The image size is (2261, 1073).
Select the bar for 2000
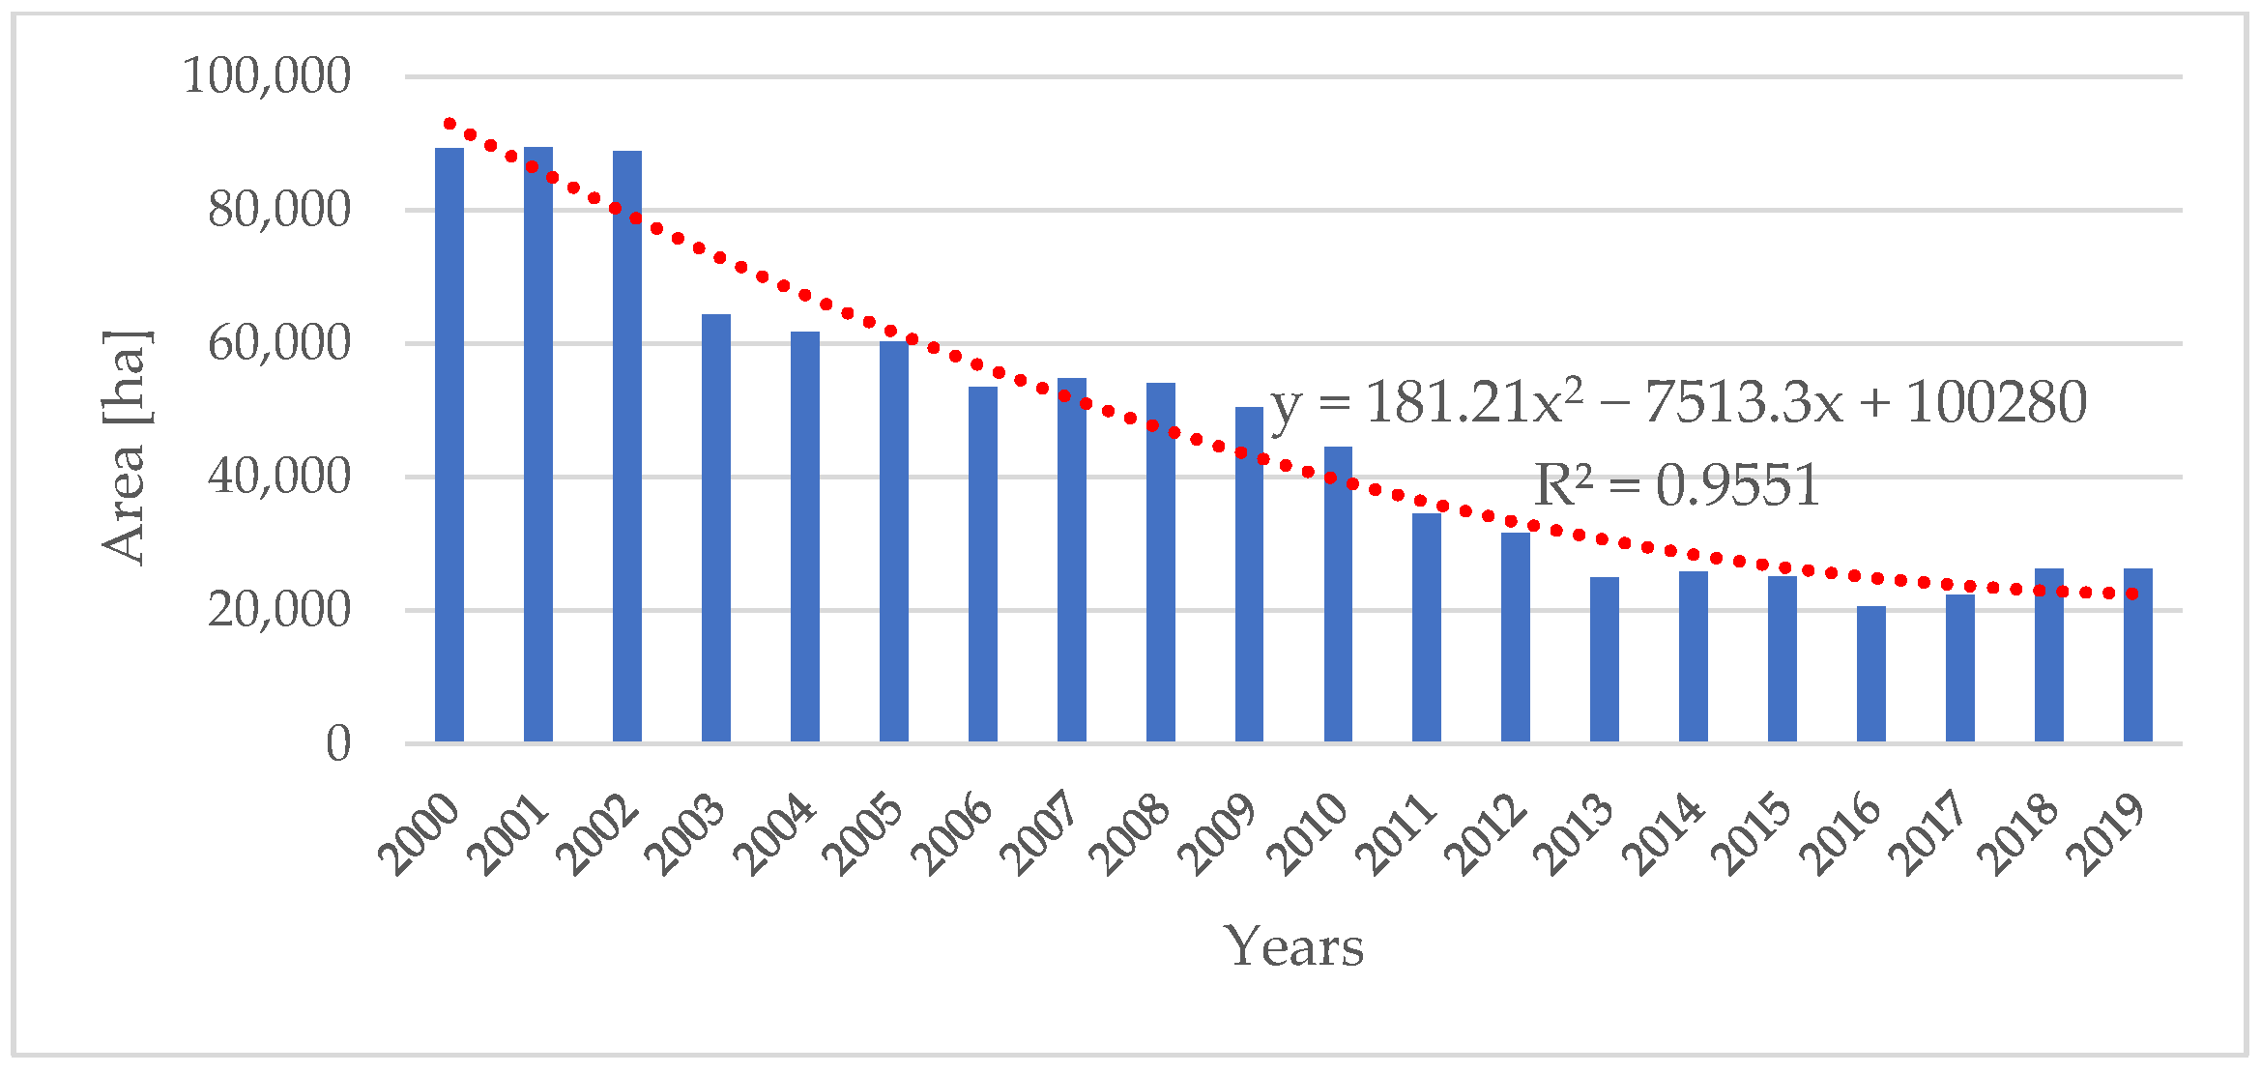[449, 445]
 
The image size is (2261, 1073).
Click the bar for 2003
[716, 528]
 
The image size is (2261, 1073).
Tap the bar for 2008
[1160, 563]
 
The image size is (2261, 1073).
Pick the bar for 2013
[1605, 659]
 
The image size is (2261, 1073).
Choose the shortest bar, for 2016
[1870, 674]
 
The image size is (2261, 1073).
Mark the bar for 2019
[2137, 655]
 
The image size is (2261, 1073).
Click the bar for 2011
[1427, 627]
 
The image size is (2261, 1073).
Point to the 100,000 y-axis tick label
[267, 75]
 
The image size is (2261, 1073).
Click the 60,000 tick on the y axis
[278, 343]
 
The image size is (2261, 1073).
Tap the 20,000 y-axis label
[278, 610]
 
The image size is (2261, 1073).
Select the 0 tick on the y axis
[337, 744]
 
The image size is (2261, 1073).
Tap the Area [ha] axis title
[126, 447]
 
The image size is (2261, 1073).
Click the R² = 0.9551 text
[1677, 485]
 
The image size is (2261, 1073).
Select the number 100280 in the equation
[1996, 402]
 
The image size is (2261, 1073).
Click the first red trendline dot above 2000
[449, 124]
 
